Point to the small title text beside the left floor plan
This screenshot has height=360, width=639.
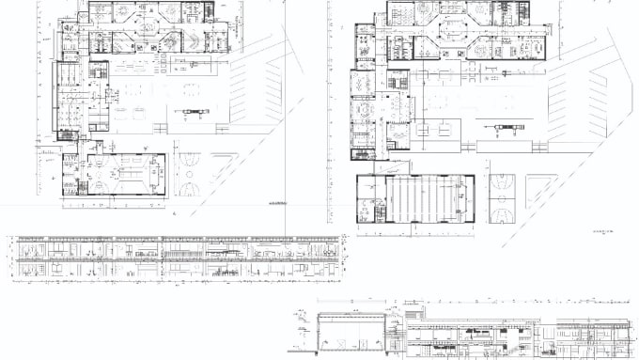pos(277,204)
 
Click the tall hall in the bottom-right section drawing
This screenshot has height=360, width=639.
pos(352,334)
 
